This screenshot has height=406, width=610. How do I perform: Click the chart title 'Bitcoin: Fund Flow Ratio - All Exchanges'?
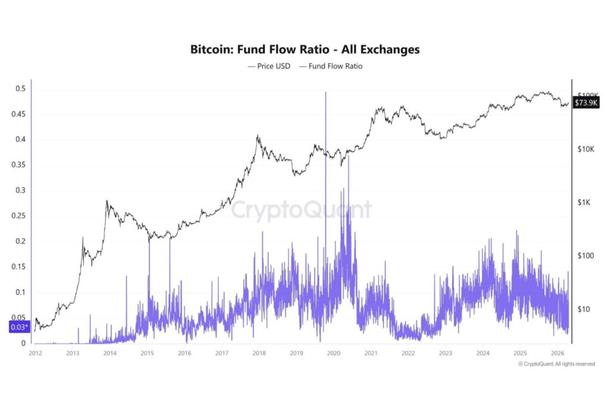[x=304, y=49]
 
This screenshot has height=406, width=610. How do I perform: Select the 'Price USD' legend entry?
[x=269, y=66]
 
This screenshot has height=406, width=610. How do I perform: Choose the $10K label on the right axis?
[x=586, y=149]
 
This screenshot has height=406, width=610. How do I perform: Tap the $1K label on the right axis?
[x=584, y=202]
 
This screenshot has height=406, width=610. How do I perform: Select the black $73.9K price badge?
[x=586, y=103]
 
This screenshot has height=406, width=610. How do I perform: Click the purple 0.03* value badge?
[x=18, y=327]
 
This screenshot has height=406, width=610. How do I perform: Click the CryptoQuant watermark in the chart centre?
[x=301, y=210]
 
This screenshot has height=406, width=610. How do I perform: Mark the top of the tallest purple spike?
[x=326, y=92]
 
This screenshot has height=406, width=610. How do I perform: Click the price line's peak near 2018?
[x=257, y=136]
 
